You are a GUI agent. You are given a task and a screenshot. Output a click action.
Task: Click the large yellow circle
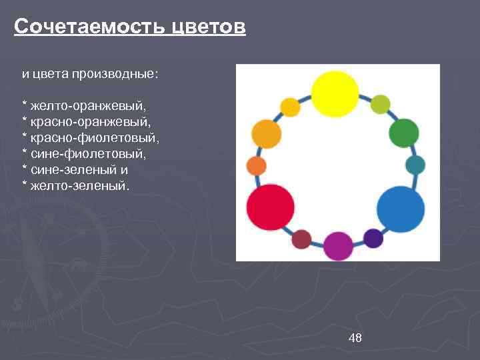[335, 93]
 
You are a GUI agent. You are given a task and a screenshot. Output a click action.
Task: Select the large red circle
[270, 207]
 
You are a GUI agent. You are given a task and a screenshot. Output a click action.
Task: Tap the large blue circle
[400, 209]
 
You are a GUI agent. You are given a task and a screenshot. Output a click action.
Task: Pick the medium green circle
[403, 133]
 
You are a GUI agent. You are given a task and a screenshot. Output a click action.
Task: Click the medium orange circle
[267, 134]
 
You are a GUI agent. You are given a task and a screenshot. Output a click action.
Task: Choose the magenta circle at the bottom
[338, 246]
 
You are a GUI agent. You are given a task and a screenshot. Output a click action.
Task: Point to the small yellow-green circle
[380, 104]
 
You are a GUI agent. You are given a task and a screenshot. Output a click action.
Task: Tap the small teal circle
[415, 165]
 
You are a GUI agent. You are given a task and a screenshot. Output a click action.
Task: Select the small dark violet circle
[373, 238]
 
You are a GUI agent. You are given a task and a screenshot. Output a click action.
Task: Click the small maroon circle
[301, 239]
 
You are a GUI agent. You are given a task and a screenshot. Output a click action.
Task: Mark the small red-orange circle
[256, 166]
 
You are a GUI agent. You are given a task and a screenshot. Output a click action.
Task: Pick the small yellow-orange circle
[290, 107]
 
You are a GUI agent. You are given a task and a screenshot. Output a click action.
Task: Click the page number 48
[355, 338]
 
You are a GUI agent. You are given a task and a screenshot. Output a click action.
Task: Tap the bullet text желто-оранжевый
[87, 105]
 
